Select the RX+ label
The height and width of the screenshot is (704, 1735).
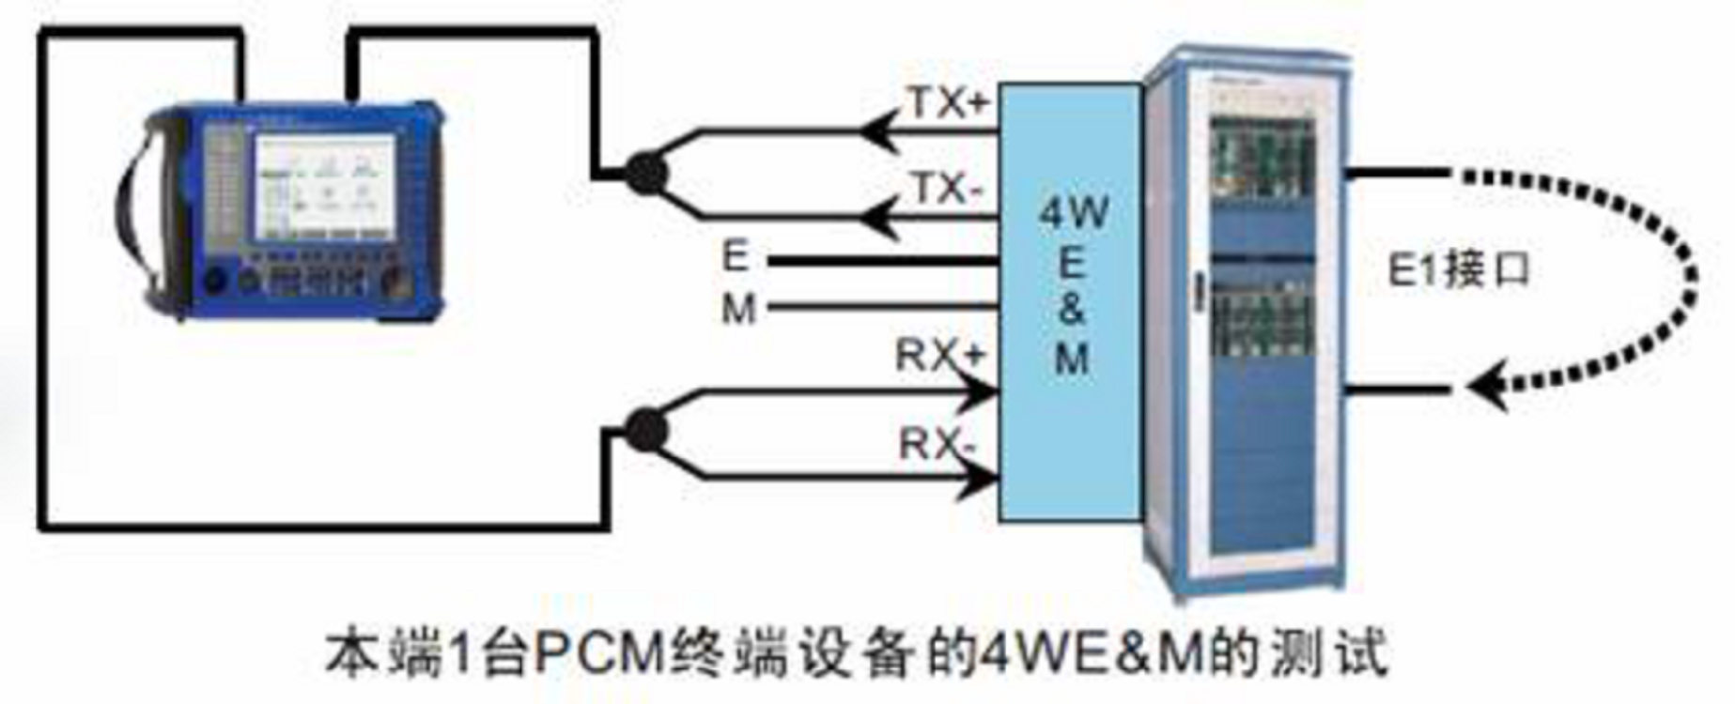pos(939,357)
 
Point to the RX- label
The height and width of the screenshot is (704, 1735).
pos(937,443)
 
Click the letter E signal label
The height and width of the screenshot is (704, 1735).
pos(736,256)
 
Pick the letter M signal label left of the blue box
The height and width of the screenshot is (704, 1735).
pos(738,309)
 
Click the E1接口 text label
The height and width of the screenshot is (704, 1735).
pos(1459,271)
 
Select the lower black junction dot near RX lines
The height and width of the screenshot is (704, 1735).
pos(645,431)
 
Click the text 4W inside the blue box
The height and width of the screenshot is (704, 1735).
pos(1072,213)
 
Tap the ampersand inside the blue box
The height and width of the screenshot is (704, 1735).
pos(1071,310)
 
